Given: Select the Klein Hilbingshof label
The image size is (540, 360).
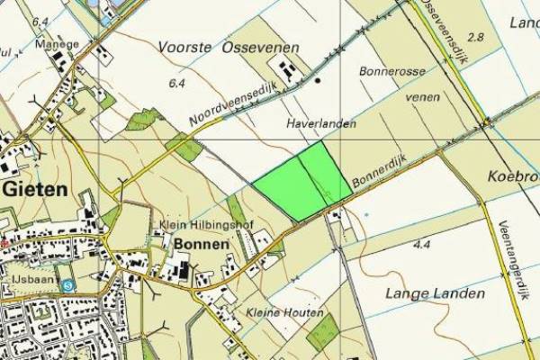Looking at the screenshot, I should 195,225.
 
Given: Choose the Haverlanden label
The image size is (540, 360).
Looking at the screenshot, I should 321,122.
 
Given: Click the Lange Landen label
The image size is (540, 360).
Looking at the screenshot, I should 435,293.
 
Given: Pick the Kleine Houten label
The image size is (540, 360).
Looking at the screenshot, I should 284,311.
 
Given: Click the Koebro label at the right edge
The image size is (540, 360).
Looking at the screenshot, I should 516,175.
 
